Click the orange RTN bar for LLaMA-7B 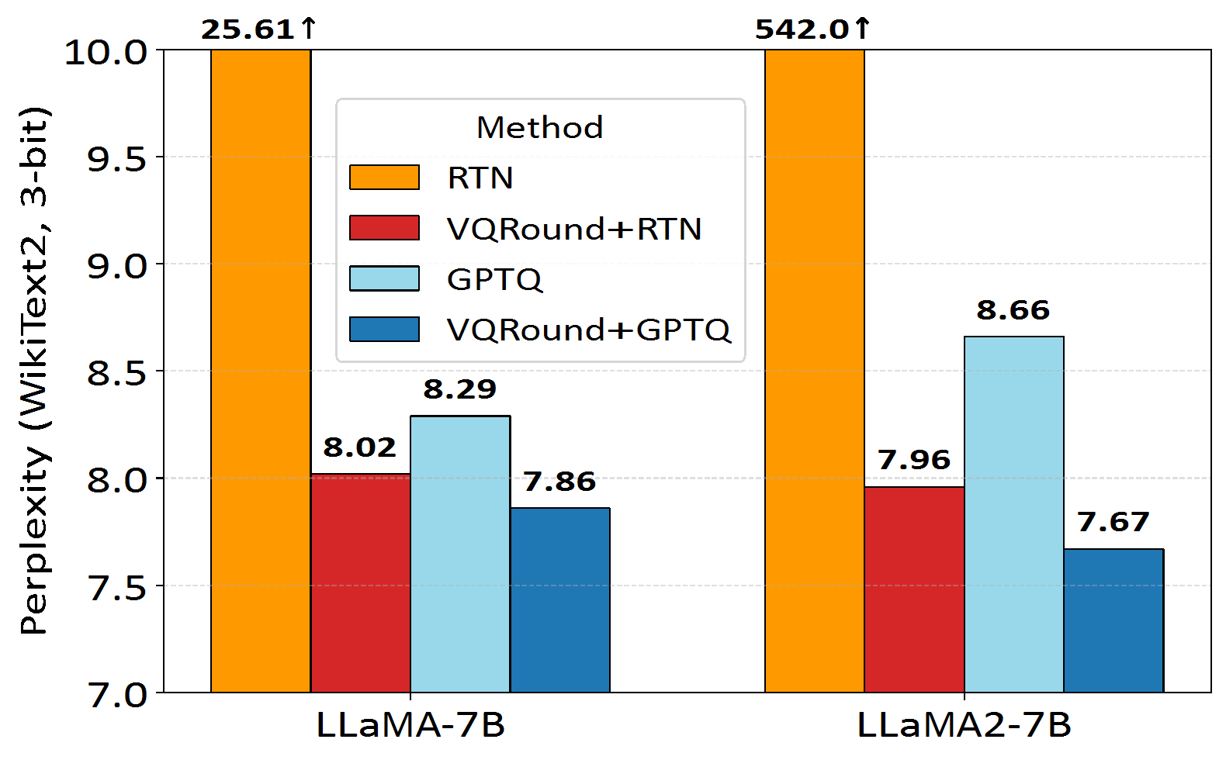tap(261, 372)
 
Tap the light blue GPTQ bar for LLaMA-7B tap(460, 554)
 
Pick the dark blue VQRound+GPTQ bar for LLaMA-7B tap(560, 600)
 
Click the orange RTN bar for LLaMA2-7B tap(815, 372)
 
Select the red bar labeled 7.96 tap(915, 589)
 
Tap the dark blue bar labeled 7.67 tap(1113, 620)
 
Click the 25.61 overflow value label tap(259, 29)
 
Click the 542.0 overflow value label tap(812, 29)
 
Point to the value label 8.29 tap(460, 389)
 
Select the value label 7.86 tap(559, 482)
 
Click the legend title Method tap(540, 128)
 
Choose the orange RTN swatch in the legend tap(384, 178)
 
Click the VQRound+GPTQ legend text tap(589, 330)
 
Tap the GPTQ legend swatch tap(384, 278)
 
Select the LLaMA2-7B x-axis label tap(965, 726)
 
